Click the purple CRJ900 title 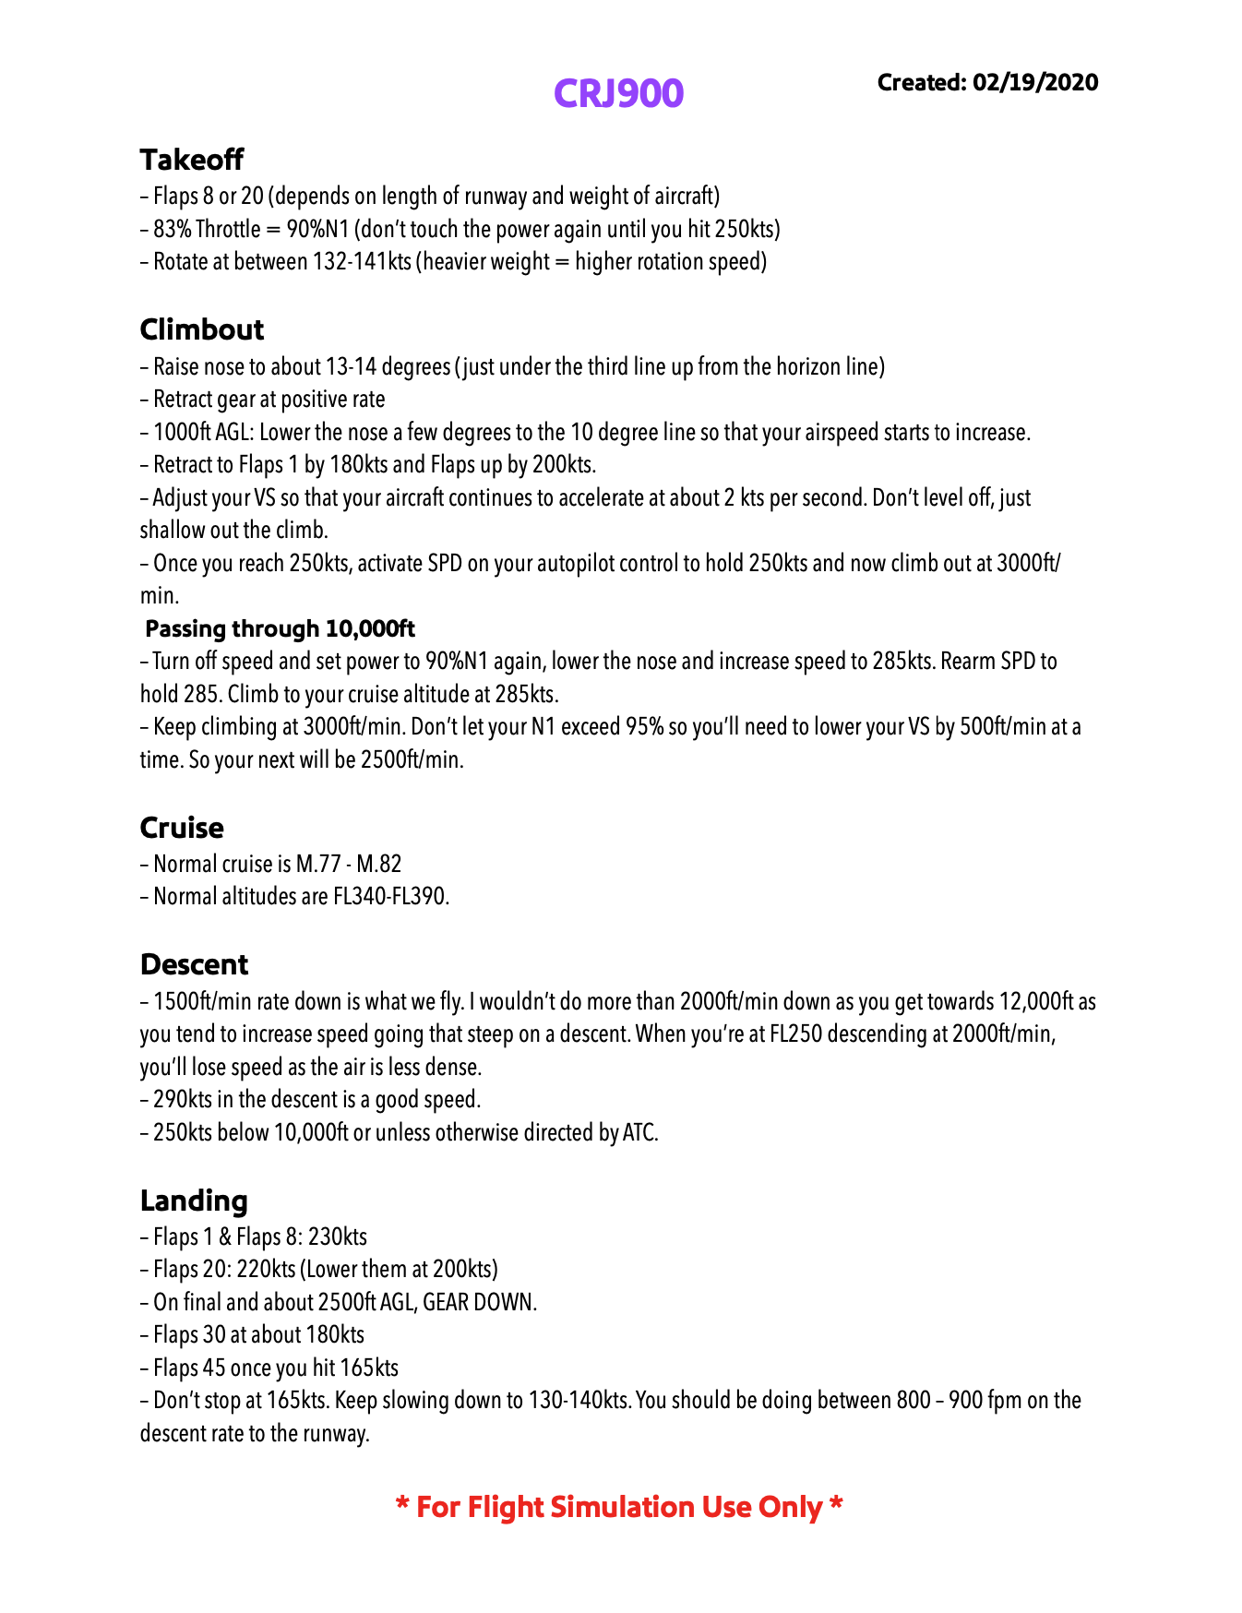click(618, 93)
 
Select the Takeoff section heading click(192, 160)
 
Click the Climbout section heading click(202, 329)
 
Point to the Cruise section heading click(182, 828)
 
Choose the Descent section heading click(195, 964)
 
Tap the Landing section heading click(194, 1201)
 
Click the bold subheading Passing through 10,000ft click(281, 628)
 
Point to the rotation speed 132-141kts click(362, 262)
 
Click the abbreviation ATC click(639, 1133)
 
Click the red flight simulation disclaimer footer click(619, 1507)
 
